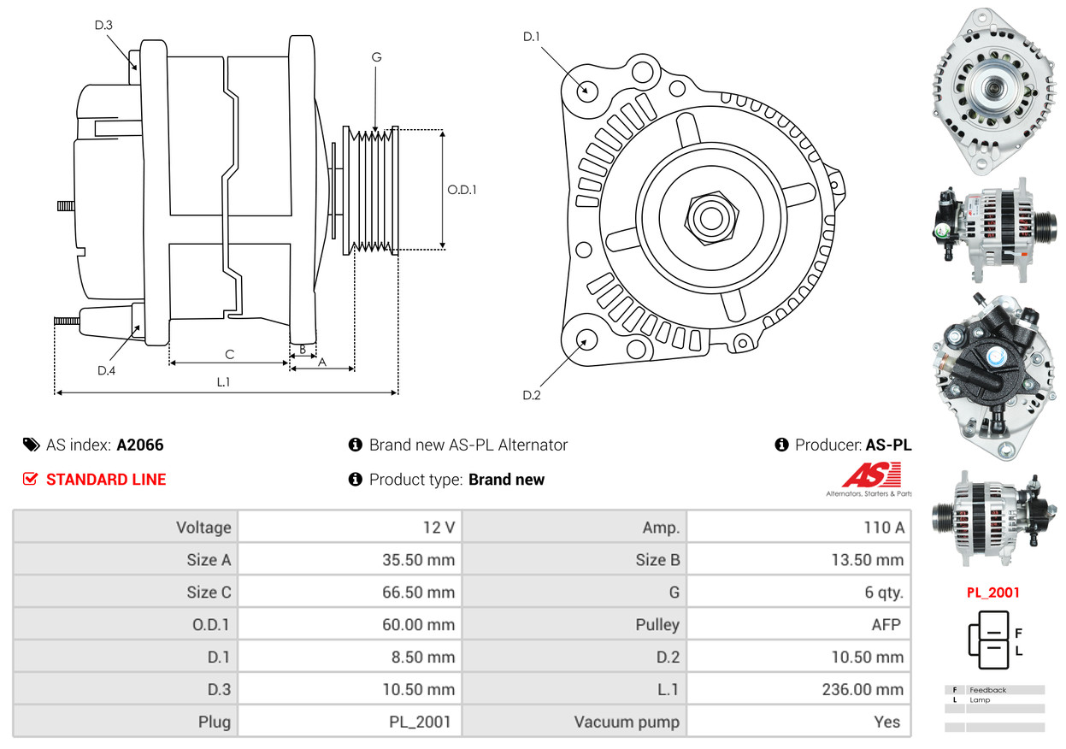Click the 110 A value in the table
pyautogui.click(x=883, y=528)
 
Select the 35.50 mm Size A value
pyautogui.click(x=418, y=560)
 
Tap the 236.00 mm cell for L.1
pyautogui.click(x=866, y=689)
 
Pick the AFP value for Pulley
pyautogui.click(x=886, y=624)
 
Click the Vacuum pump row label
pyautogui.click(x=627, y=722)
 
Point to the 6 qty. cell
pyautogui.click(x=884, y=593)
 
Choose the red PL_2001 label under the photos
pyautogui.click(x=992, y=592)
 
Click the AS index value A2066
pyautogui.click(x=140, y=445)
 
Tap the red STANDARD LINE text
pyautogui.click(x=106, y=480)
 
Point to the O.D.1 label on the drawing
pyautogui.click(x=462, y=190)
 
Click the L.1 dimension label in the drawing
pyautogui.click(x=223, y=381)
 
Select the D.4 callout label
pyautogui.click(x=106, y=370)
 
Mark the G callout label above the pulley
pyautogui.click(x=376, y=57)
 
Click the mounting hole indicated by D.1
pyautogui.click(x=586, y=90)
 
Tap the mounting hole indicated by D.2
pyautogui.click(x=586, y=339)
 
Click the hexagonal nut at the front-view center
pyautogui.click(x=709, y=216)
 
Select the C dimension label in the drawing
pyautogui.click(x=229, y=353)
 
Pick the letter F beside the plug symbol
pyautogui.click(x=1018, y=634)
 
